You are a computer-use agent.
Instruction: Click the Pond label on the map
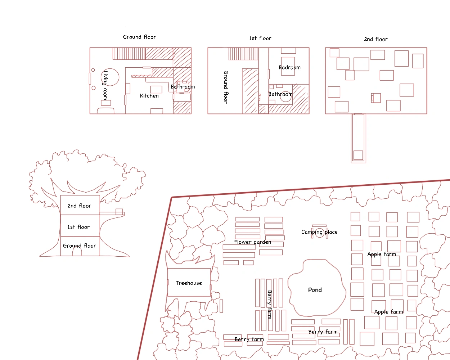coord(315,290)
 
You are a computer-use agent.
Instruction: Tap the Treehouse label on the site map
coord(189,283)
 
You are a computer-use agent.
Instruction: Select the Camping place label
coord(319,232)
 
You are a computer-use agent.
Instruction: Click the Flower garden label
coord(252,242)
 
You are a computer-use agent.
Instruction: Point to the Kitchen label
coord(149,96)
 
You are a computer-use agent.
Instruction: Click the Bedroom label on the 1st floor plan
coord(289,67)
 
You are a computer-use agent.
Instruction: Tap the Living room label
coord(105,85)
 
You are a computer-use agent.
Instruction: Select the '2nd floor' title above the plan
coord(375,39)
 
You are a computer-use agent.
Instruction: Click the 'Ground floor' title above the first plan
coord(139,37)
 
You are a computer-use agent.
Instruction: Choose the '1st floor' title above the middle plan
coord(260,38)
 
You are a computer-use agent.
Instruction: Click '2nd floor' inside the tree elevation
coord(79,206)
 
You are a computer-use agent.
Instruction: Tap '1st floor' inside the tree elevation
coord(78,227)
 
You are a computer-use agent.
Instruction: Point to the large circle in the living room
coord(119,77)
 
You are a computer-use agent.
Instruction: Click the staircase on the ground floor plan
coord(129,54)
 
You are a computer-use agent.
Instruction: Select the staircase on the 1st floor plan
coord(243,54)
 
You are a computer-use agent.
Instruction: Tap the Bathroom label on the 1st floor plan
coord(280,94)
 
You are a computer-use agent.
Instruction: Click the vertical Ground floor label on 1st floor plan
coord(226,87)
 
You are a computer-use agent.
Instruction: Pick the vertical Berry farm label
coord(270,304)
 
